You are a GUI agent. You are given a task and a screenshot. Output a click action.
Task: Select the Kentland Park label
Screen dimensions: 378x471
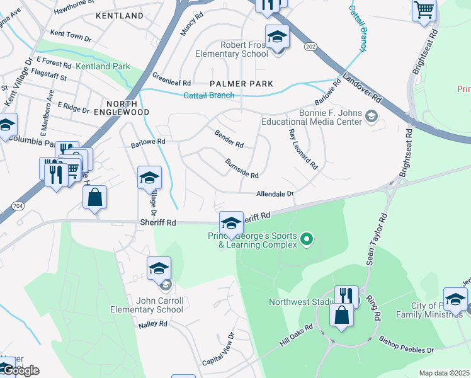tap(103, 66)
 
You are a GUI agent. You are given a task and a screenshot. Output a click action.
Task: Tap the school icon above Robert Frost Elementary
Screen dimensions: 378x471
tap(277, 37)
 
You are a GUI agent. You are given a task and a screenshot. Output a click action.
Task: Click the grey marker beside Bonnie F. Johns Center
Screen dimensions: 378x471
tap(372, 115)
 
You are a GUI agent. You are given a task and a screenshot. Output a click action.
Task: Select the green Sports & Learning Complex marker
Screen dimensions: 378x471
tap(307, 239)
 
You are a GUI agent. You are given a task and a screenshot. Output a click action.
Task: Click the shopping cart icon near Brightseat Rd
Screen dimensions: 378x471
tap(424, 9)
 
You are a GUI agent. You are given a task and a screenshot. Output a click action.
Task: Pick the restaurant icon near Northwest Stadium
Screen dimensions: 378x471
tap(346, 296)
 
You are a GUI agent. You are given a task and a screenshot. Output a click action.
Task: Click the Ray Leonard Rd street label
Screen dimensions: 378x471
tap(303, 149)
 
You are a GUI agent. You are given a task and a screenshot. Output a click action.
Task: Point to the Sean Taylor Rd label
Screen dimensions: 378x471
tap(375, 240)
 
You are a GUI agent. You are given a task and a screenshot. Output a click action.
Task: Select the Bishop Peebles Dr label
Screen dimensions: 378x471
tap(406, 345)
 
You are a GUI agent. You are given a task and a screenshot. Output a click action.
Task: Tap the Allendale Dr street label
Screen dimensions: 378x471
tap(275, 195)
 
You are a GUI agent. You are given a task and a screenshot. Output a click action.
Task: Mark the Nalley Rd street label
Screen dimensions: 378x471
tap(154, 324)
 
